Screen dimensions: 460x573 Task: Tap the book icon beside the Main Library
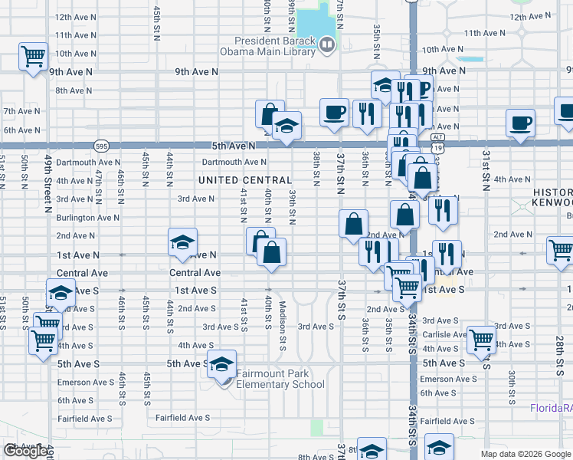coord(327,46)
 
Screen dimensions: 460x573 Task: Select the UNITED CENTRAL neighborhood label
coord(245,180)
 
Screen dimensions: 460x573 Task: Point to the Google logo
coord(25,451)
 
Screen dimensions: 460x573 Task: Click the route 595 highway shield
coord(102,145)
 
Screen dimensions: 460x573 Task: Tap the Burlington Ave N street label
coord(87,218)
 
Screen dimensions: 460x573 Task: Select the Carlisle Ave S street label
coord(444,334)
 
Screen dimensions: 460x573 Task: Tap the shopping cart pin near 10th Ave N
coord(33,56)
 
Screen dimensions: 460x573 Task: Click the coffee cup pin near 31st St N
coord(521,123)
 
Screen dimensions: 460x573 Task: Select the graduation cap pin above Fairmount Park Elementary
coord(222,364)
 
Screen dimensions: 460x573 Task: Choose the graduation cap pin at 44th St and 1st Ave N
coord(182,242)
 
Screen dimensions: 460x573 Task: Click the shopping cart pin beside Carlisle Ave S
coord(481,340)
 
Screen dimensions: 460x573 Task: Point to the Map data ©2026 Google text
coord(526,454)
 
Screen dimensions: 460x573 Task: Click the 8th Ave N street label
coord(74,90)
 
